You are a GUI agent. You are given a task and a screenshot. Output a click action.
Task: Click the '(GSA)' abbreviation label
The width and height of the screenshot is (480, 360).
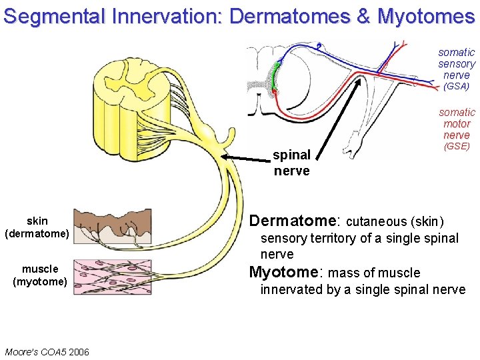pos(456,87)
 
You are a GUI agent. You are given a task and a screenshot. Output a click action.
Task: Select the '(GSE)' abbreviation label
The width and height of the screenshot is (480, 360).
pos(457,145)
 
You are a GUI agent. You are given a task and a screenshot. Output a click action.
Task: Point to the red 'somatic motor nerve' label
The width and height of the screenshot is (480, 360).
pos(457,123)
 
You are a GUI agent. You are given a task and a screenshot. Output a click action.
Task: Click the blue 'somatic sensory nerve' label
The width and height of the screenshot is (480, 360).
pos(457,63)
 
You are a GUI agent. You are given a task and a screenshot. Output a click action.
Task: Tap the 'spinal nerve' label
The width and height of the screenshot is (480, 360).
pos(291,163)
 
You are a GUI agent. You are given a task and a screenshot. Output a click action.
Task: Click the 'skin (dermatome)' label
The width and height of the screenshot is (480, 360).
pos(37,227)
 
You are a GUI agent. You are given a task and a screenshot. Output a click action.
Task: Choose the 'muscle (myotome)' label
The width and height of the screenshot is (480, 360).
pos(40,275)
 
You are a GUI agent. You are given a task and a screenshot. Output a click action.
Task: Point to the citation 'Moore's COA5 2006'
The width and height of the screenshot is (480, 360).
pos(47,351)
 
